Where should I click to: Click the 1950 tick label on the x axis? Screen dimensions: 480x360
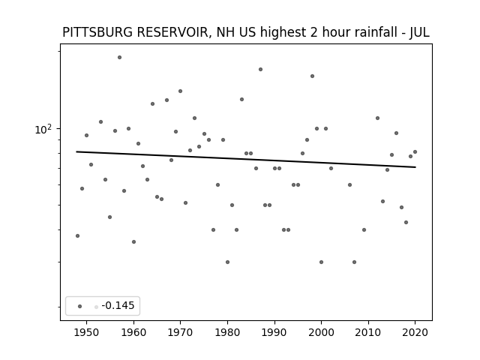coord(87,332)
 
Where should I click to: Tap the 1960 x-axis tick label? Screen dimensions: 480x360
coord(133,332)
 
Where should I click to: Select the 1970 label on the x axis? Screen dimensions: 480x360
coord(180,332)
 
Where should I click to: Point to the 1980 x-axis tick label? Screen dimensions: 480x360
coord(227,332)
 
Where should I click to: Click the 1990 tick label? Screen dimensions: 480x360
coord(274,332)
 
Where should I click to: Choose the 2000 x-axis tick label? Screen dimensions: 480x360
coord(321,332)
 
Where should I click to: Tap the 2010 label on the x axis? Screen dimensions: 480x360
coord(368,332)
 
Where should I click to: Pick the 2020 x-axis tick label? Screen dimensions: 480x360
coord(415,332)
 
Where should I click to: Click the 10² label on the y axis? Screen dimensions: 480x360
coord(43,129)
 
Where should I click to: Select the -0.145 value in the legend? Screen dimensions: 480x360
coord(118,305)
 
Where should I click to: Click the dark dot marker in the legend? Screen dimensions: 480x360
coord(80,306)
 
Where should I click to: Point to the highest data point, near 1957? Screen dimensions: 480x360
coord(120,57)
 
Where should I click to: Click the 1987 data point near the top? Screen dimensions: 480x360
coord(260,70)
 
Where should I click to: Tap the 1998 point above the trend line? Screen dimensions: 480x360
coord(312,76)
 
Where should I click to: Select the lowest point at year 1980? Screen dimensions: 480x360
coord(227,262)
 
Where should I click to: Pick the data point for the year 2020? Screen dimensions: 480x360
coord(415,151)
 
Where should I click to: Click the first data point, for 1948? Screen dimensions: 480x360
coord(77,235)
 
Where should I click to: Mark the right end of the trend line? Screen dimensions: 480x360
coord(415,167)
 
